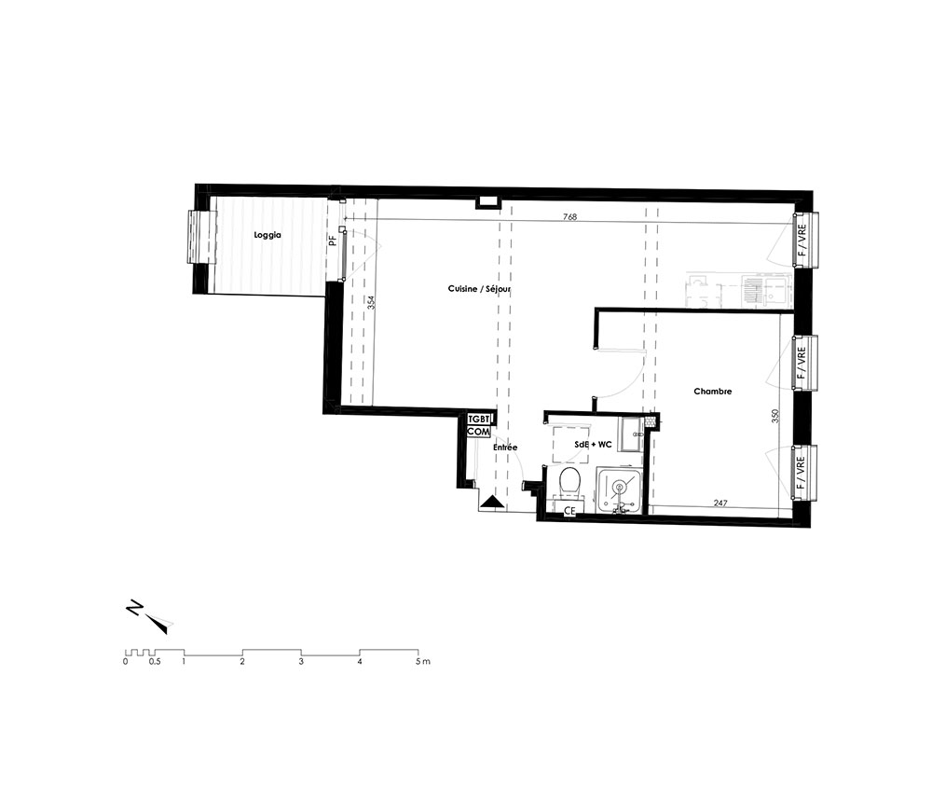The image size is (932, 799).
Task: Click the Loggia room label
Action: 267,236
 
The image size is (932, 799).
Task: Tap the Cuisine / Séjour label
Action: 479,289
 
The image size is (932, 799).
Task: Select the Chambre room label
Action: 713,392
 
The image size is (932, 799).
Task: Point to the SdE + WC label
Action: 593,444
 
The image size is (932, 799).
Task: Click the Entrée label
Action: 505,448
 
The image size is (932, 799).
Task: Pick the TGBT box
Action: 478,420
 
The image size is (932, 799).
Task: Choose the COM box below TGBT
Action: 478,432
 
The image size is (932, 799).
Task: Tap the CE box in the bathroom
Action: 569,510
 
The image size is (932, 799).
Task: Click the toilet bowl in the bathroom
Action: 569,480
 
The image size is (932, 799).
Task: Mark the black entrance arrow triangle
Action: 492,502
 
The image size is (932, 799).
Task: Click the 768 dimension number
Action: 569,217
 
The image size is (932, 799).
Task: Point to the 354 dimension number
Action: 371,303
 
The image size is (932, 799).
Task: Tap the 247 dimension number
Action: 720,503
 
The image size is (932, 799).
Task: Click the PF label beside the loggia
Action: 333,241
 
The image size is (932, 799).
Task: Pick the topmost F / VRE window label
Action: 802,240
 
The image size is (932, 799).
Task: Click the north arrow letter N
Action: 134,609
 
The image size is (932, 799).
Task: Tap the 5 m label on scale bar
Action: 422,662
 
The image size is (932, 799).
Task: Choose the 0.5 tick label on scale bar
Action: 155,662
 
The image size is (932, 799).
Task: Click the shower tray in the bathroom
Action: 619,489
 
